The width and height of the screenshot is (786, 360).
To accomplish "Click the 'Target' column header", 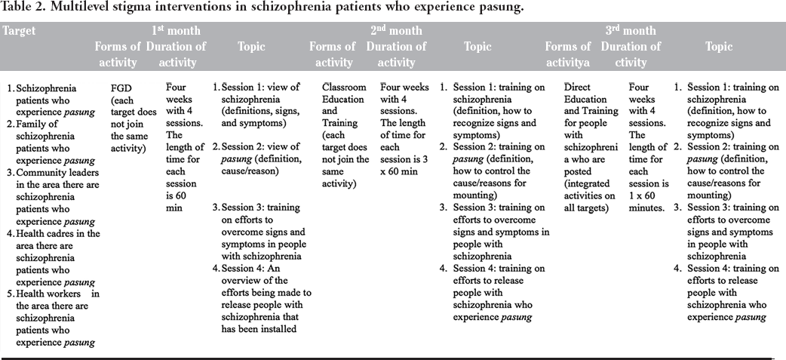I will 20,31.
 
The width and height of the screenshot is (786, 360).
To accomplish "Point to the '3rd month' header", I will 631,31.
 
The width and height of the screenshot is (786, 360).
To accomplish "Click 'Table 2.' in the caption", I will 24,8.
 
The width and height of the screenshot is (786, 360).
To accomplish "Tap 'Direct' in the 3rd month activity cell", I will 579,87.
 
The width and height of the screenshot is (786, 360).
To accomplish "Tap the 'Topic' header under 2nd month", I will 477,47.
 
